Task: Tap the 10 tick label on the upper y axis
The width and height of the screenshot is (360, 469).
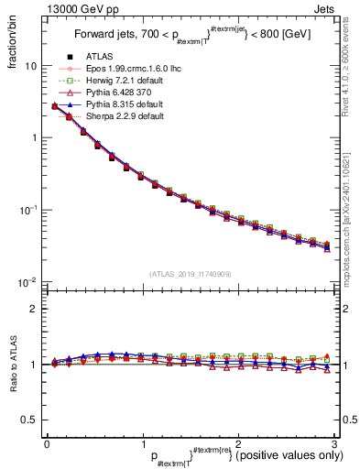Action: (x=31, y=67)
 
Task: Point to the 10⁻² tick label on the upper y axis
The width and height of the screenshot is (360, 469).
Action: (x=29, y=281)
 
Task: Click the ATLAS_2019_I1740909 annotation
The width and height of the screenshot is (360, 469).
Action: (x=190, y=274)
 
